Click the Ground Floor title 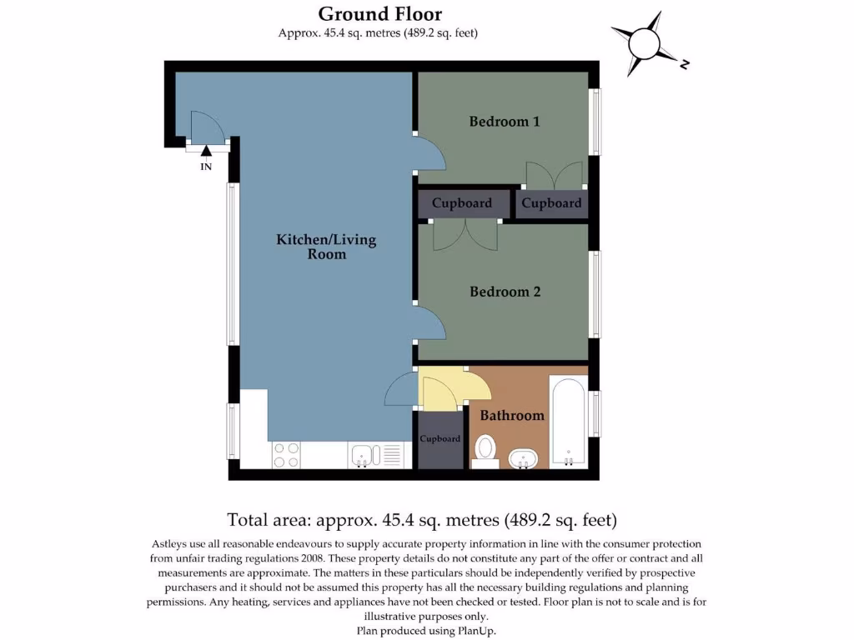379,14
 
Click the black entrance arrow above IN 206,149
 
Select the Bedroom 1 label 505,122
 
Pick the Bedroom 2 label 505,292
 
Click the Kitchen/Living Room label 326,247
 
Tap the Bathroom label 512,415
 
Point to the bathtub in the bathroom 568,422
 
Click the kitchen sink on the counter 364,455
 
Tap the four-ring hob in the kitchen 286,455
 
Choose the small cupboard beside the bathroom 440,440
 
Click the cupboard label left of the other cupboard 461,203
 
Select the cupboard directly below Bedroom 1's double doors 551,203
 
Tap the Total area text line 422,521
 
